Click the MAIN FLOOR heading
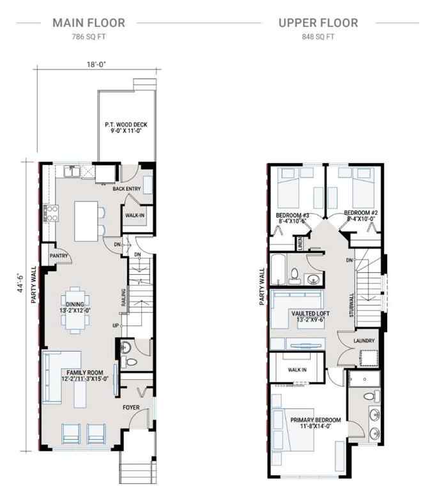click(89, 23)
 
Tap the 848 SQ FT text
click(318, 37)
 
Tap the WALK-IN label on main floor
click(134, 215)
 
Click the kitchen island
click(86, 217)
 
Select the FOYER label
click(132, 406)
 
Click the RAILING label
click(123, 297)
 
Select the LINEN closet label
click(299, 244)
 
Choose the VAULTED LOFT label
click(311, 315)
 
